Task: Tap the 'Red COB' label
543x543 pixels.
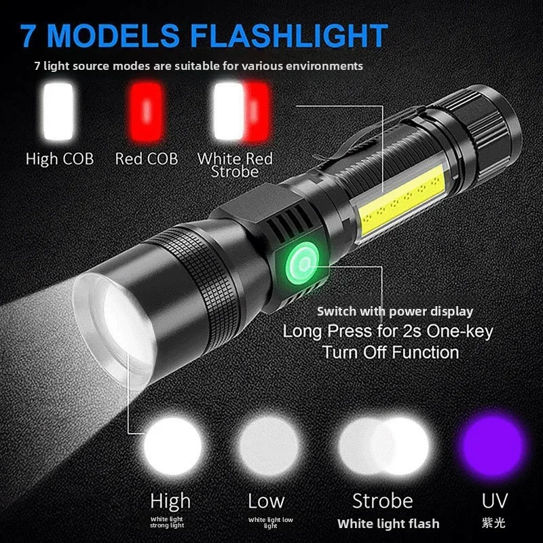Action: [147, 159]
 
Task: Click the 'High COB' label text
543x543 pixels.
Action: [59, 159]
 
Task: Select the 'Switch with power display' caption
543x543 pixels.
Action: [395, 312]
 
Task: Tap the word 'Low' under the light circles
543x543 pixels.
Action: [266, 502]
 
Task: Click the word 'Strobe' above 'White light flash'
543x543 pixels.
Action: [383, 502]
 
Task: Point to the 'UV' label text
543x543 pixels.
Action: [494, 502]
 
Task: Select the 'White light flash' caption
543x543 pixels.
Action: [388, 523]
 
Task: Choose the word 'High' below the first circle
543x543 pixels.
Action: [170, 502]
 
